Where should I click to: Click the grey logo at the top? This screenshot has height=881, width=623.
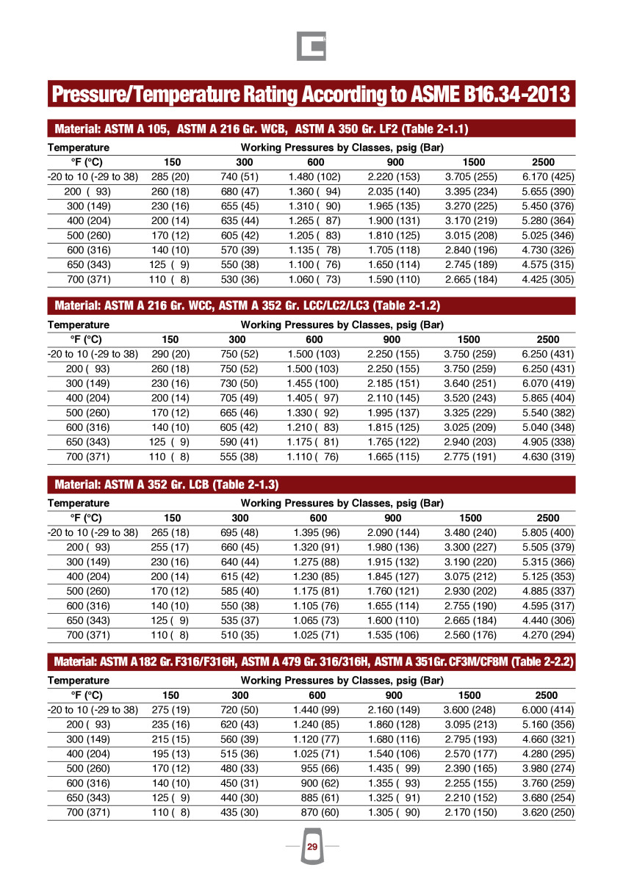pos(311,46)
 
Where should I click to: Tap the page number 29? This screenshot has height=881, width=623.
pos(312,847)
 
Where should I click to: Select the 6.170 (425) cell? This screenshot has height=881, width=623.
pos(548,177)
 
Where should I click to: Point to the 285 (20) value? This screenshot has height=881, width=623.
pos(170,177)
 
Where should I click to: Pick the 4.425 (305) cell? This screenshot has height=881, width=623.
pos(548,280)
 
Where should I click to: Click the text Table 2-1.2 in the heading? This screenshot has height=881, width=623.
pos(408,305)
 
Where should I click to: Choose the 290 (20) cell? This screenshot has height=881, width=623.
pos(170,355)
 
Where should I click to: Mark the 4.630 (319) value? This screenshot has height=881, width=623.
pos(548,457)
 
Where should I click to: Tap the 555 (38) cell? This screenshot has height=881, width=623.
pos(240,457)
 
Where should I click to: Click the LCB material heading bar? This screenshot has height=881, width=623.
pos(311,485)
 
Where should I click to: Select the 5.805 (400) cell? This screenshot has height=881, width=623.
pos(548,532)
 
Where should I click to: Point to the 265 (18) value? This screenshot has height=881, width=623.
pos(170,532)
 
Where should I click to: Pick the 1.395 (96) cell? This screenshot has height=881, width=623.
pos(316,532)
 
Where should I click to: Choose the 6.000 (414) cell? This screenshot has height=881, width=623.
pos(548,710)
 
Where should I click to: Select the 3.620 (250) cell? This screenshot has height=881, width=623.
pos(548,813)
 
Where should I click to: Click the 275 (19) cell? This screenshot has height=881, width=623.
pos(170,710)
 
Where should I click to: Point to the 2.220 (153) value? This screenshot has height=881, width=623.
pos(394,177)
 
